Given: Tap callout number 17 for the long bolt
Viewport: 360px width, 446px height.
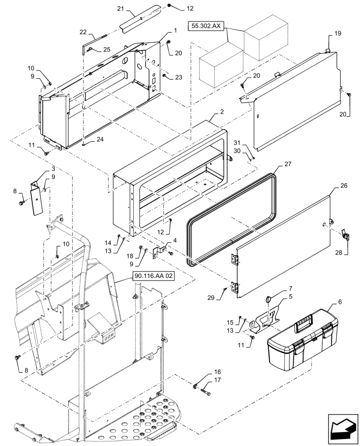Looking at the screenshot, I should pyautogui.click(x=217, y=380).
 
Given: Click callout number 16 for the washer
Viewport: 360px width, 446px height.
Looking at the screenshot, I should pyautogui.click(x=217, y=371).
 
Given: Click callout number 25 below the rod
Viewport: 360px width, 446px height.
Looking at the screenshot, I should pyautogui.click(x=106, y=49).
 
